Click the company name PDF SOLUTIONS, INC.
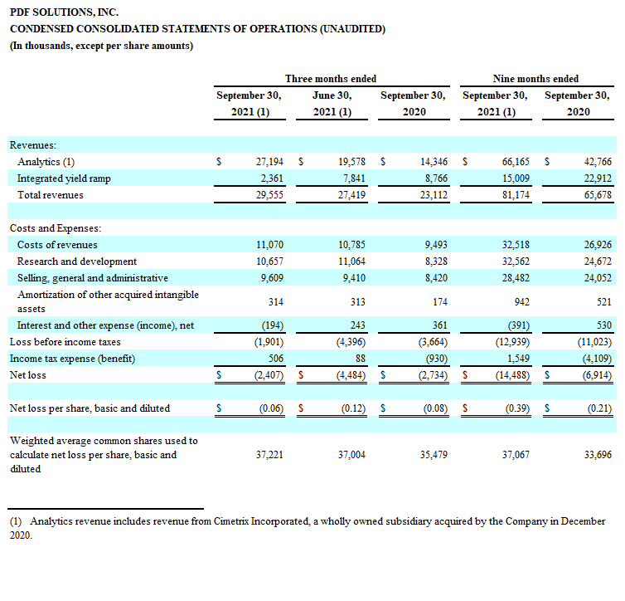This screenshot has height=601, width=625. point(64,12)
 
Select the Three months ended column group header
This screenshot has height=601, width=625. point(331,79)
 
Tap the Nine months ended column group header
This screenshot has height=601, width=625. point(535,79)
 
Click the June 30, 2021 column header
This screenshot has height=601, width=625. point(332,104)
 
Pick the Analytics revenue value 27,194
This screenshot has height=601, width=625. point(269,162)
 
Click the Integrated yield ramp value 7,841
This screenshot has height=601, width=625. point(354,178)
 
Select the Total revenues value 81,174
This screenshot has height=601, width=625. point(516,195)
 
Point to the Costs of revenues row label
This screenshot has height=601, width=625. point(57,245)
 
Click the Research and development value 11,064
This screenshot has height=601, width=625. point(352,261)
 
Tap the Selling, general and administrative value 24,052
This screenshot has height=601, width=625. point(598,278)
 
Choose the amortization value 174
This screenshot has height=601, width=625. point(440,302)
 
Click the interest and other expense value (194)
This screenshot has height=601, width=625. point(273,325)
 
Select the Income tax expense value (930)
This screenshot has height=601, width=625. point(437,359)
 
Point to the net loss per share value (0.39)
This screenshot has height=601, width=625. point(518,408)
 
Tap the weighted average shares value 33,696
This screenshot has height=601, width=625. point(598,455)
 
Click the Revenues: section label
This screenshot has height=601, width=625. point(33,145)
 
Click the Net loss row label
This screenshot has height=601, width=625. point(28,375)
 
